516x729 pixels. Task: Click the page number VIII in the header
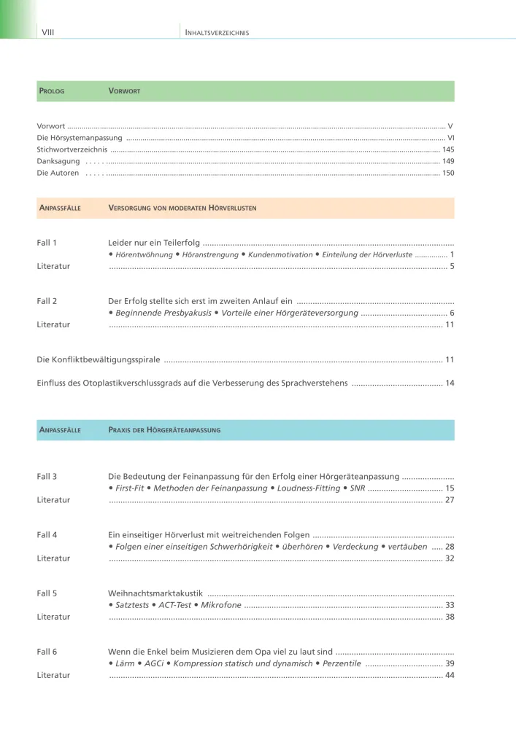pos(49,32)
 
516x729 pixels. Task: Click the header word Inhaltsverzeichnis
pos(217,33)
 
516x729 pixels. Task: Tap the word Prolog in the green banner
pos(51,91)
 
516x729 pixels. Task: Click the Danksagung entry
pos(58,161)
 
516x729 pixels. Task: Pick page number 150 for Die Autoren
pos(448,173)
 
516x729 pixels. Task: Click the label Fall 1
pos(47,242)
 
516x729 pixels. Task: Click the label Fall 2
pos(47,300)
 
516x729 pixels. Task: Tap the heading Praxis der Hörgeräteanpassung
pos(164,430)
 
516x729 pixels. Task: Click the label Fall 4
pos(47,534)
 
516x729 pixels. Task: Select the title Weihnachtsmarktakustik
pos(155,593)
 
